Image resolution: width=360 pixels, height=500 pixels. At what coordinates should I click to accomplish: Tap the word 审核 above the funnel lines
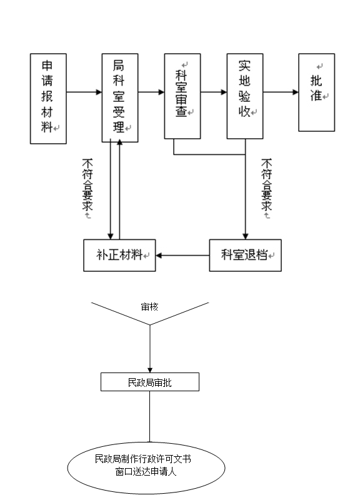(x=149, y=307)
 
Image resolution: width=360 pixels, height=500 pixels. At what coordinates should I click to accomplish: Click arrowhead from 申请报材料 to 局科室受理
(x=99, y=92)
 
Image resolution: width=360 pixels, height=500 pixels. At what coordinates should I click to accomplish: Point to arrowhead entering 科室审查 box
(x=161, y=92)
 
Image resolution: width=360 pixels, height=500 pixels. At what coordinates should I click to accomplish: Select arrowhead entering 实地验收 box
(x=224, y=92)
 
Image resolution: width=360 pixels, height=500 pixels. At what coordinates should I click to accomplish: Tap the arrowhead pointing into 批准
(x=296, y=92)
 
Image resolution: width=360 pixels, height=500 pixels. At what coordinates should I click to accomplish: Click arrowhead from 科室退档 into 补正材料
(x=159, y=256)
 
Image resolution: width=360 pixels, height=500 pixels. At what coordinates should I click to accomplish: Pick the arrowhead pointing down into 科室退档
(x=245, y=237)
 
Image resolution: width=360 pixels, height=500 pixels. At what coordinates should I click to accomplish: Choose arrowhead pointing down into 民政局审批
(x=150, y=370)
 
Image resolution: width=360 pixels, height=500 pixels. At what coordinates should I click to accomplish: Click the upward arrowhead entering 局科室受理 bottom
(x=119, y=142)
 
